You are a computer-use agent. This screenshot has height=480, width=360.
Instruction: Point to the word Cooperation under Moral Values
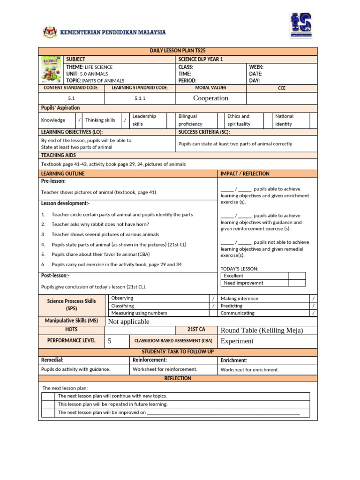click(x=210, y=98)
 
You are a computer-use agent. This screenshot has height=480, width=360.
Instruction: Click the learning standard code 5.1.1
click(x=140, y=98)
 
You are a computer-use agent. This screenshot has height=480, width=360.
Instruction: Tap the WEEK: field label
click(x=256, y=67)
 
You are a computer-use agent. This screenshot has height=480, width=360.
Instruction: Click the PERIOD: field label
click(x=187, y=81)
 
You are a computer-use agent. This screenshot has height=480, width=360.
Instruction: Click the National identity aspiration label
click(x=285, y=120)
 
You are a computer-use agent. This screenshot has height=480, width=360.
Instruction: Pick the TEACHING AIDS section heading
click(x=59, y=155)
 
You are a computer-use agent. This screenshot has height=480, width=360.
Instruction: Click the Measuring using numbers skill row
click(x=139, y=313)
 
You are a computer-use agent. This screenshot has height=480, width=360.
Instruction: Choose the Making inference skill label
click(x=239, y=299)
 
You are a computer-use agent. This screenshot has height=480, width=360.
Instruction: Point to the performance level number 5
click(x=110, y=341)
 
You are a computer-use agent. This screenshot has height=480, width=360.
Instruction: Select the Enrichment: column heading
click(x=234, y=360)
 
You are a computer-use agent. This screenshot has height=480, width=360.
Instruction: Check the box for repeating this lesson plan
click(x=48, y=404)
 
